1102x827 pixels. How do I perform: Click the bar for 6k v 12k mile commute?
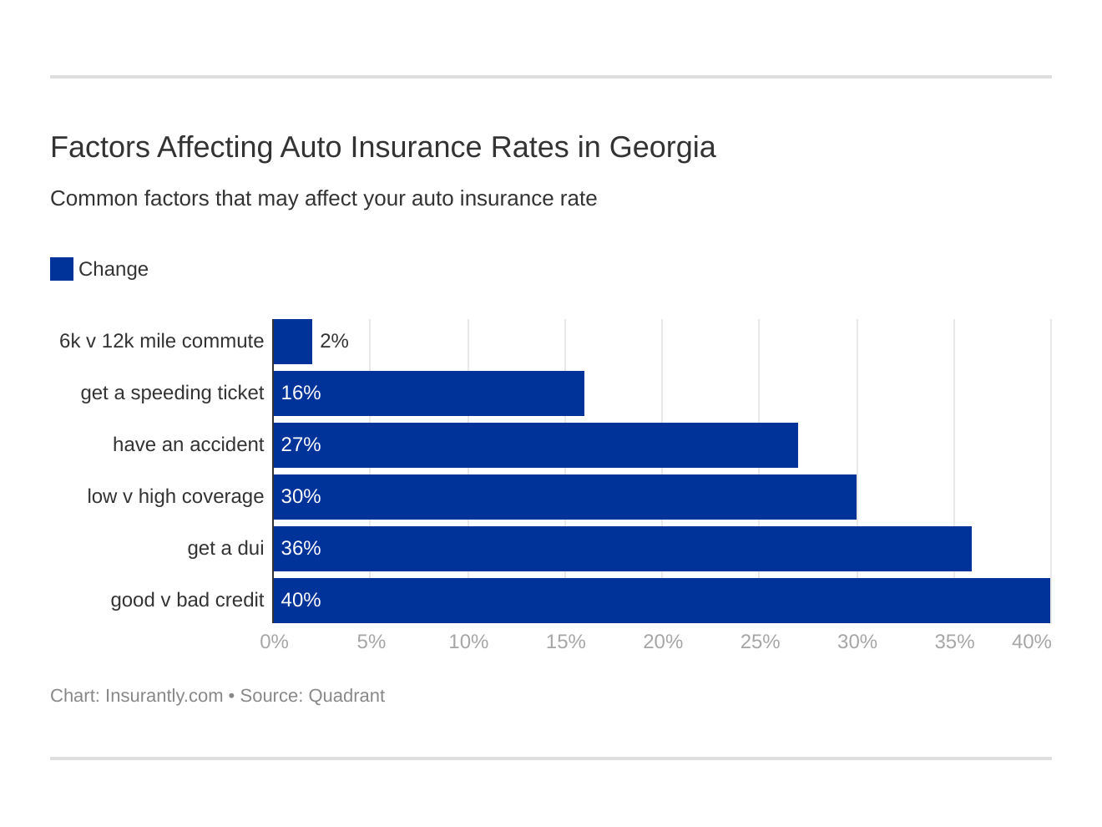[x=292, y=342]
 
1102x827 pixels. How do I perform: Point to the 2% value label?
[x=334, y=341]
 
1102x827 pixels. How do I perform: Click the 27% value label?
[x=301, y=444]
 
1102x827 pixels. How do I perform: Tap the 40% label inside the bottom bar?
[x=301, y=600]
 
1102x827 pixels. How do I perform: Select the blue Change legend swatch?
[x=62, y=269]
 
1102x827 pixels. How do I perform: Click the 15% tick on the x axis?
[x=565, y=642]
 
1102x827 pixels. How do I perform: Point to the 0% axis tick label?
[x=274, y=642]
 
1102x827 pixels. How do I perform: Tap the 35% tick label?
[x=954, y=642]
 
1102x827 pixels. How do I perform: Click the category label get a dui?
[x=225, y=548]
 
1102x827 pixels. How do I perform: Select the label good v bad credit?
[x=187, y=600]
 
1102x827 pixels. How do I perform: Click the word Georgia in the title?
[x=662, y=147]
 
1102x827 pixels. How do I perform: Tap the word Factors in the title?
[x=99, y=147]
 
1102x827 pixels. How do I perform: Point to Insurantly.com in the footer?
[x=164, y=696]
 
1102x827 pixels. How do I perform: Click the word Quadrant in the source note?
[x=346, y=696]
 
